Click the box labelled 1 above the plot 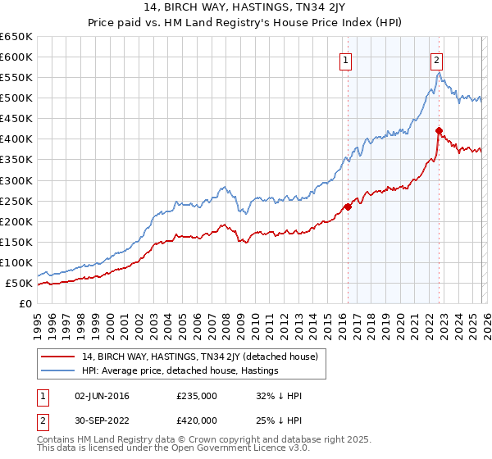pos(346,60)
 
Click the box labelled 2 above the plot pos(438,60)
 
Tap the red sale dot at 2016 pos(348,207)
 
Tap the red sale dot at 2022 pos(440,130)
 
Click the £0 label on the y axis pos(25,304)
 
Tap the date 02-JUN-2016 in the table pos(102,396)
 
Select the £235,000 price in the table pos(196,396)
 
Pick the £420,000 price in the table pos(196,420)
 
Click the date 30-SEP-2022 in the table pos(102,420)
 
